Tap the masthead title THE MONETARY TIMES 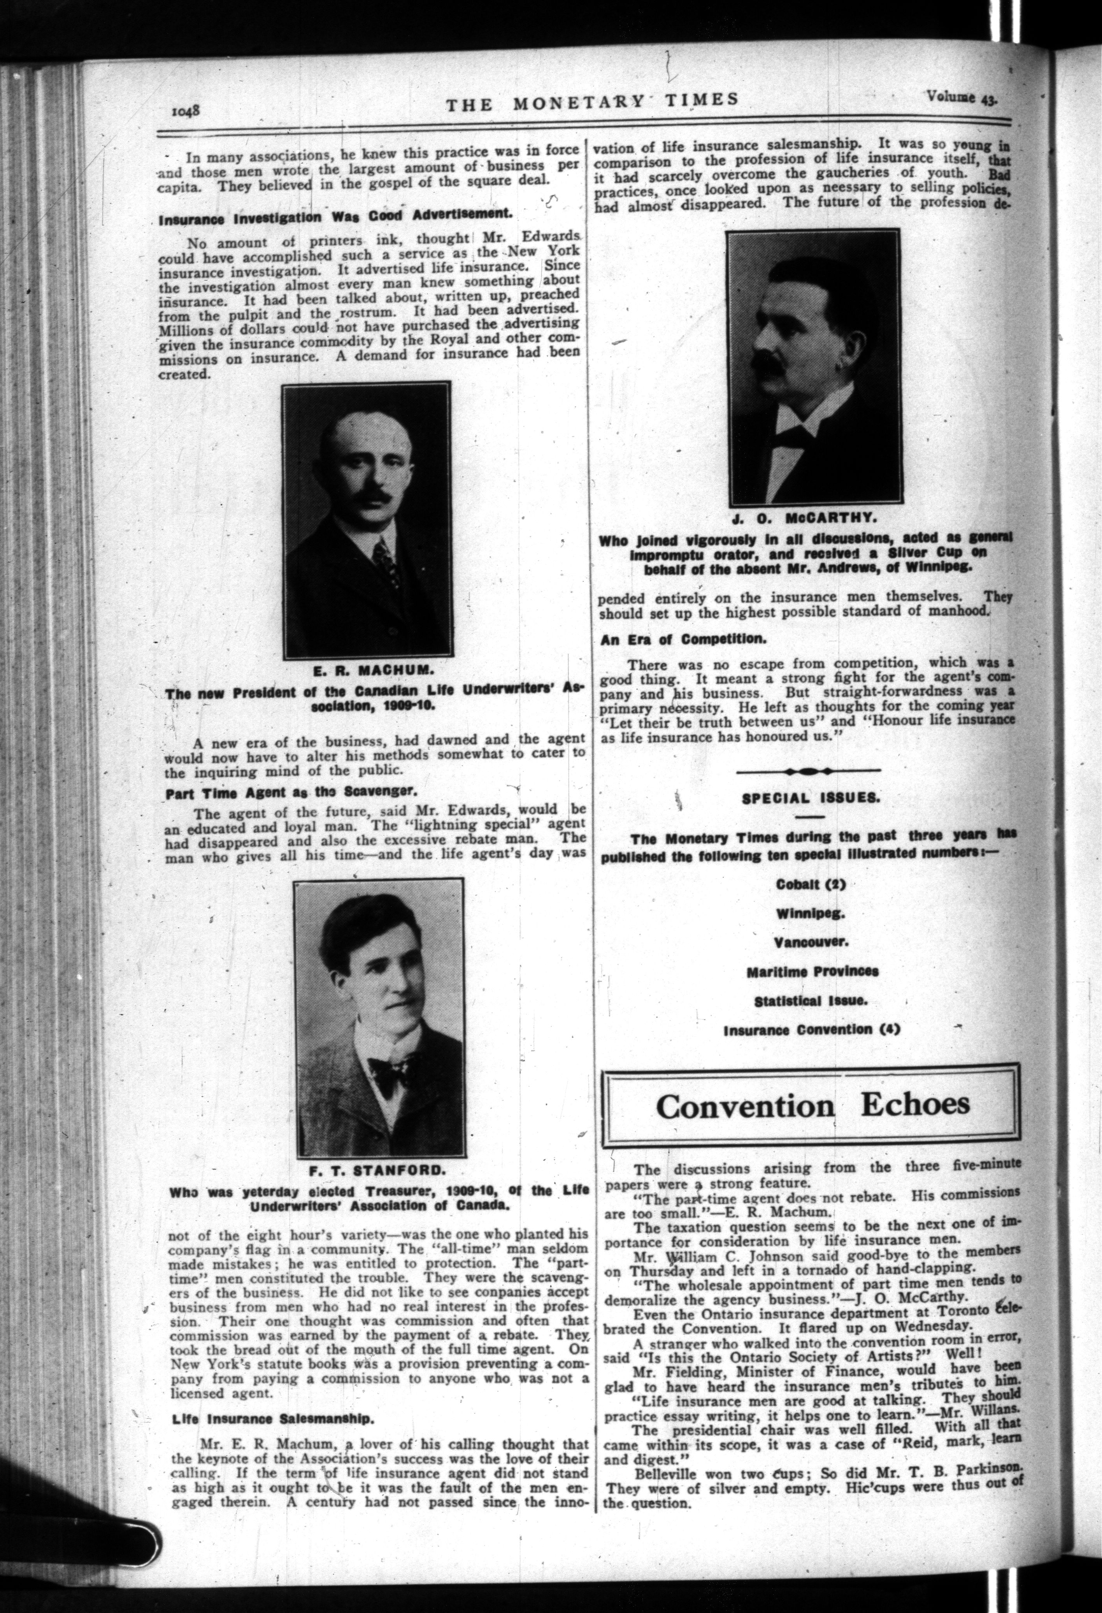click(591, 101)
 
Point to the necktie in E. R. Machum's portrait click(383, 559)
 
